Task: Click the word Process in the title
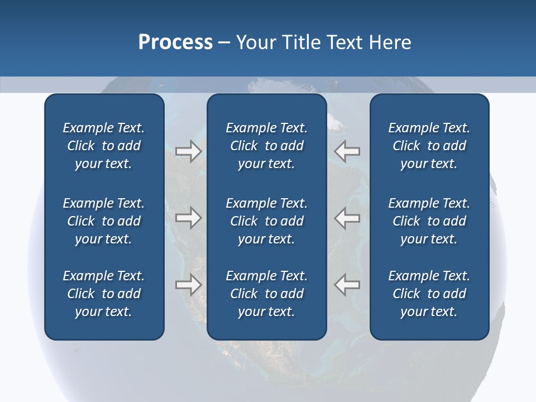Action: click(175, 42)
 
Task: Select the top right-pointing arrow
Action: click(188, 151)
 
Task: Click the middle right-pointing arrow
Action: click(188, 218)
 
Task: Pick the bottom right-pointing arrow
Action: click(188, 285)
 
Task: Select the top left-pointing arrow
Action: click(347, 151)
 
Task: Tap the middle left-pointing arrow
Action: click(347, 218)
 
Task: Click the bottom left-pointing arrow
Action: click(347, 285)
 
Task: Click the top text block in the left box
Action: click(104, 146)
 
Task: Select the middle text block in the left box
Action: click(104, 221)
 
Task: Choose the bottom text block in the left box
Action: click(104, 294)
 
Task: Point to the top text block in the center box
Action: click(266, 146)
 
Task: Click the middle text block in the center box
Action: click(266, 221)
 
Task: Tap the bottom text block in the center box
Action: click(266, 294)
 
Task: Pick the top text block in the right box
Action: click(429, 146)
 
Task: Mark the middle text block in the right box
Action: click(429, 221)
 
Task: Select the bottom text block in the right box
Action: click(429, 294)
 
